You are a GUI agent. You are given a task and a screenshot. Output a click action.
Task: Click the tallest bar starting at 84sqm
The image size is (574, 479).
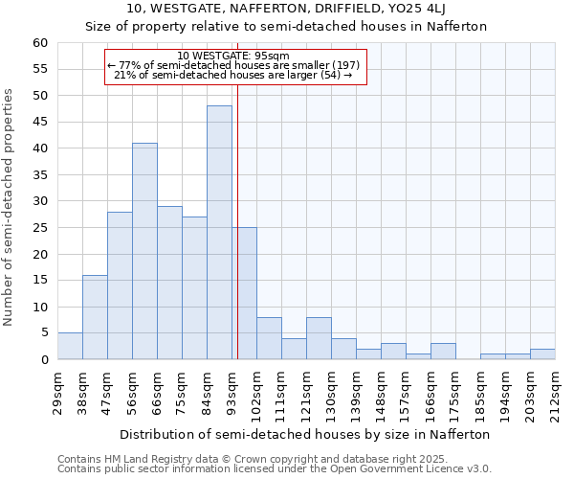pos(219,233)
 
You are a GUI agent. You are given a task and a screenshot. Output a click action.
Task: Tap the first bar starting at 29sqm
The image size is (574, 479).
pos(70,346)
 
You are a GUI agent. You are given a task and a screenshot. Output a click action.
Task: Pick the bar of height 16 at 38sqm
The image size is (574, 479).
pos(95,317)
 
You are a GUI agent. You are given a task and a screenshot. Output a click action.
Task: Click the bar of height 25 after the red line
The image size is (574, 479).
pos(245,293)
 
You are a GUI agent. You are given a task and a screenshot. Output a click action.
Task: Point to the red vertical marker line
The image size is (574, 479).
pos(237,211)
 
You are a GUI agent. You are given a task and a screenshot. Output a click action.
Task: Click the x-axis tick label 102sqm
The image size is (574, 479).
pos(257,394)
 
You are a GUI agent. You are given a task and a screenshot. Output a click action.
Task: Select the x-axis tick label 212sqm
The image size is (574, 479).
pos(556,394)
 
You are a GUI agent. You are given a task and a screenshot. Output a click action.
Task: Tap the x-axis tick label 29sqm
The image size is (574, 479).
pos(58,392)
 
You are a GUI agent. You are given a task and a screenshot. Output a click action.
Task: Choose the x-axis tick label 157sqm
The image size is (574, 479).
pos(407,394)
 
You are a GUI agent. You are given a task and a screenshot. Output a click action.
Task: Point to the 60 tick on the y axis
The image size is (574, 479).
pos(40,43)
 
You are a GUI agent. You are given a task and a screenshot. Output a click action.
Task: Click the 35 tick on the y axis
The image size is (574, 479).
pos(40,175)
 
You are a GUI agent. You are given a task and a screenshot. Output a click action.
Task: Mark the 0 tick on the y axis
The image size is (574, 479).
pos(44,360)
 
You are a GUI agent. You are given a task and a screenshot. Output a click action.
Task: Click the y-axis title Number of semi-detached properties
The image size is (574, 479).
pos(10,207)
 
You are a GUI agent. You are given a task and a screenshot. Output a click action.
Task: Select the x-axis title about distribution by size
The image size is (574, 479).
pos(306,434)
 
